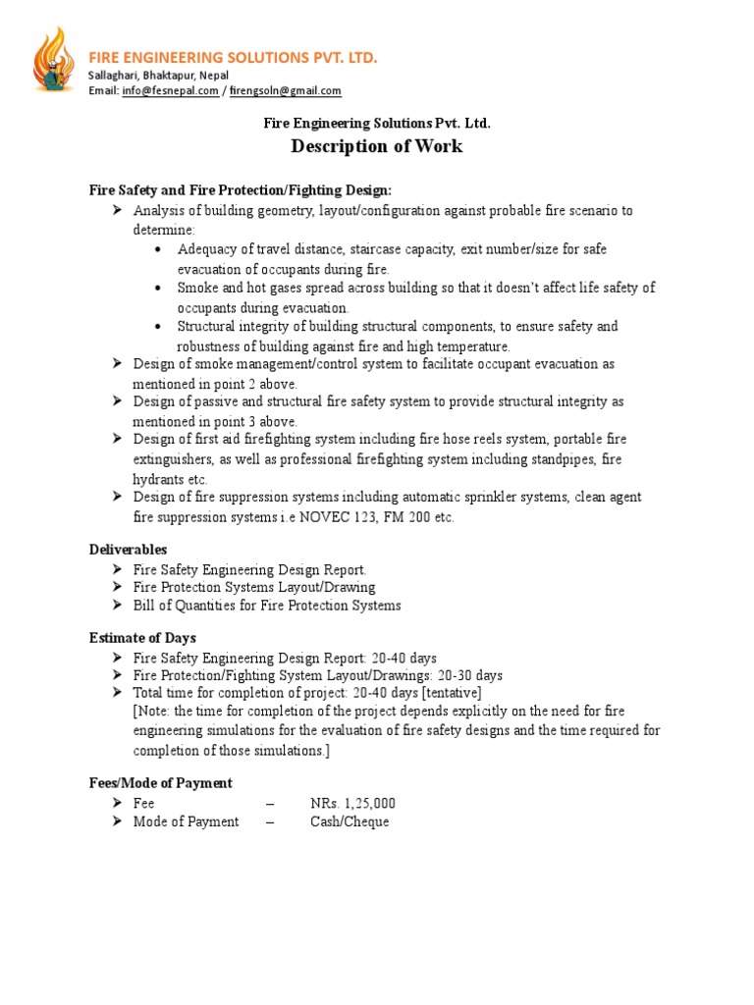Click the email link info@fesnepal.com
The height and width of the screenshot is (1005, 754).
(170, 91)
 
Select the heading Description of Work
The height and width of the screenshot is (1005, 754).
(376, 147)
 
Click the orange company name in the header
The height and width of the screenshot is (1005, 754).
(233, 58)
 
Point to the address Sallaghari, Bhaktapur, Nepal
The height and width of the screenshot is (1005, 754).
(159, 76)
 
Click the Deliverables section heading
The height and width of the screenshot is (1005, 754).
(128, 550)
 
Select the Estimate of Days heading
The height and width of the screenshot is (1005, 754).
(142, 638)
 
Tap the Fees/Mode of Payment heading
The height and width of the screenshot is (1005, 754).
(161, 783)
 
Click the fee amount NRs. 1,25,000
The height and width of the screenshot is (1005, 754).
(352, 803)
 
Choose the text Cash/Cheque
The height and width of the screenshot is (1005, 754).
(350, 821)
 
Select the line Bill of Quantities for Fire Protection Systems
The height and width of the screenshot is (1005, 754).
(267, 606)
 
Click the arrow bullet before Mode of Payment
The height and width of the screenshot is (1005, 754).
(117, 821)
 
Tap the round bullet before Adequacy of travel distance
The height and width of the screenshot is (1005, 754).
(159, 249)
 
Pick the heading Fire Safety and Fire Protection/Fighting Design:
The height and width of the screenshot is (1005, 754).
(241, 189)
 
